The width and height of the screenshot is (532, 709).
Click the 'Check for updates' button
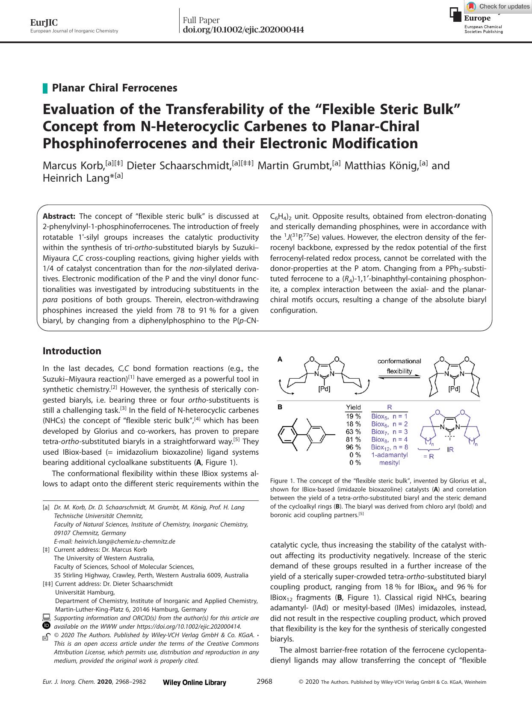click(498, 6)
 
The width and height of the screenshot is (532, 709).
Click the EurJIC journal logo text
click(38, 23)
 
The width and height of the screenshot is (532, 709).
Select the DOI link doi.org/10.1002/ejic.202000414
click(243, 30)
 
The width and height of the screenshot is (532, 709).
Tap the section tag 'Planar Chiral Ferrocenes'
click(114, 88)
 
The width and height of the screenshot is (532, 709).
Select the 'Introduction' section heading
click(72, 351)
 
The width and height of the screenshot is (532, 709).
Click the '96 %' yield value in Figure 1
click(353, 447)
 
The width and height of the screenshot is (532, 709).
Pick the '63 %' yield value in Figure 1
click(353, 432)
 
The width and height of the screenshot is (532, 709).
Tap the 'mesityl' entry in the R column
click(389, 463)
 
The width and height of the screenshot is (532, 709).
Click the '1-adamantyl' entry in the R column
click(389, 455)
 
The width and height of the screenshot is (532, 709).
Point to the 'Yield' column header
click(353, 407)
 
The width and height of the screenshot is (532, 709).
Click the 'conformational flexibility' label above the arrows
click(399, 366)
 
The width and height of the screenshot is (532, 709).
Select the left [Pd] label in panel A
click(324, 389)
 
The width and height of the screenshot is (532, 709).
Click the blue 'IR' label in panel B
click(450, 449)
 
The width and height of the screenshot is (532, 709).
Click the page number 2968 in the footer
click(264, 682)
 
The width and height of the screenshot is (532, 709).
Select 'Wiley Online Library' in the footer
click(195, 683)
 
